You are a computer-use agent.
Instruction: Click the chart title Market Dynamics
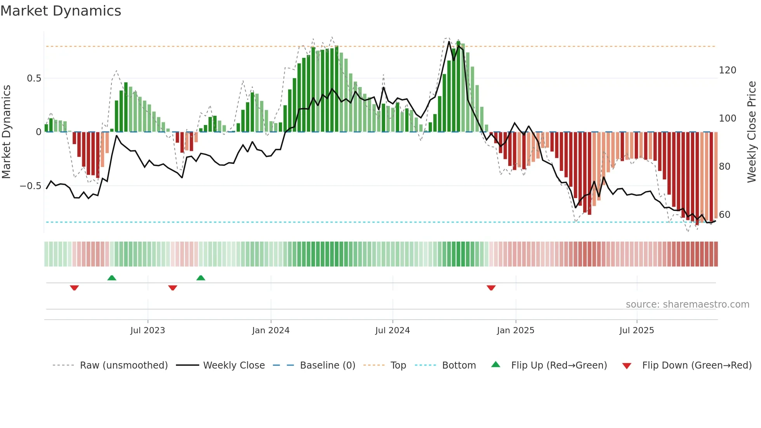point(61,11)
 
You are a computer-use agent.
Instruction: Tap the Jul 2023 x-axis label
point(148,331)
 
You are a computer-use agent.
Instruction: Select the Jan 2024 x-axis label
point(271,331)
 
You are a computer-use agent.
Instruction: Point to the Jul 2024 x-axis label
point(393,331)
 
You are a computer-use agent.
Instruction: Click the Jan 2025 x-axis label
point(516,331)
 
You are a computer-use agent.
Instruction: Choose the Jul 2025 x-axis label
point(637,331)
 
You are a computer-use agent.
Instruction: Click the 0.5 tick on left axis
point(34,78)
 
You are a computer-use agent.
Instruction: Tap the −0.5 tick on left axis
point(31,186)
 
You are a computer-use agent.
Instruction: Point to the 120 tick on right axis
point(727,70)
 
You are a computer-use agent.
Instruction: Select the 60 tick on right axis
point(725,215)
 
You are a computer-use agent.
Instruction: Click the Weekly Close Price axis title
point(752,132)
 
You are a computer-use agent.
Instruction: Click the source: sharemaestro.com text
point(687,304)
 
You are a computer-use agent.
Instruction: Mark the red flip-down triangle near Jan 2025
point(491,288)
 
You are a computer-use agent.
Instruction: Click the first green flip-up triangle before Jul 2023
point(112,278)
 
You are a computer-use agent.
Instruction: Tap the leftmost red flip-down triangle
point(75,288)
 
